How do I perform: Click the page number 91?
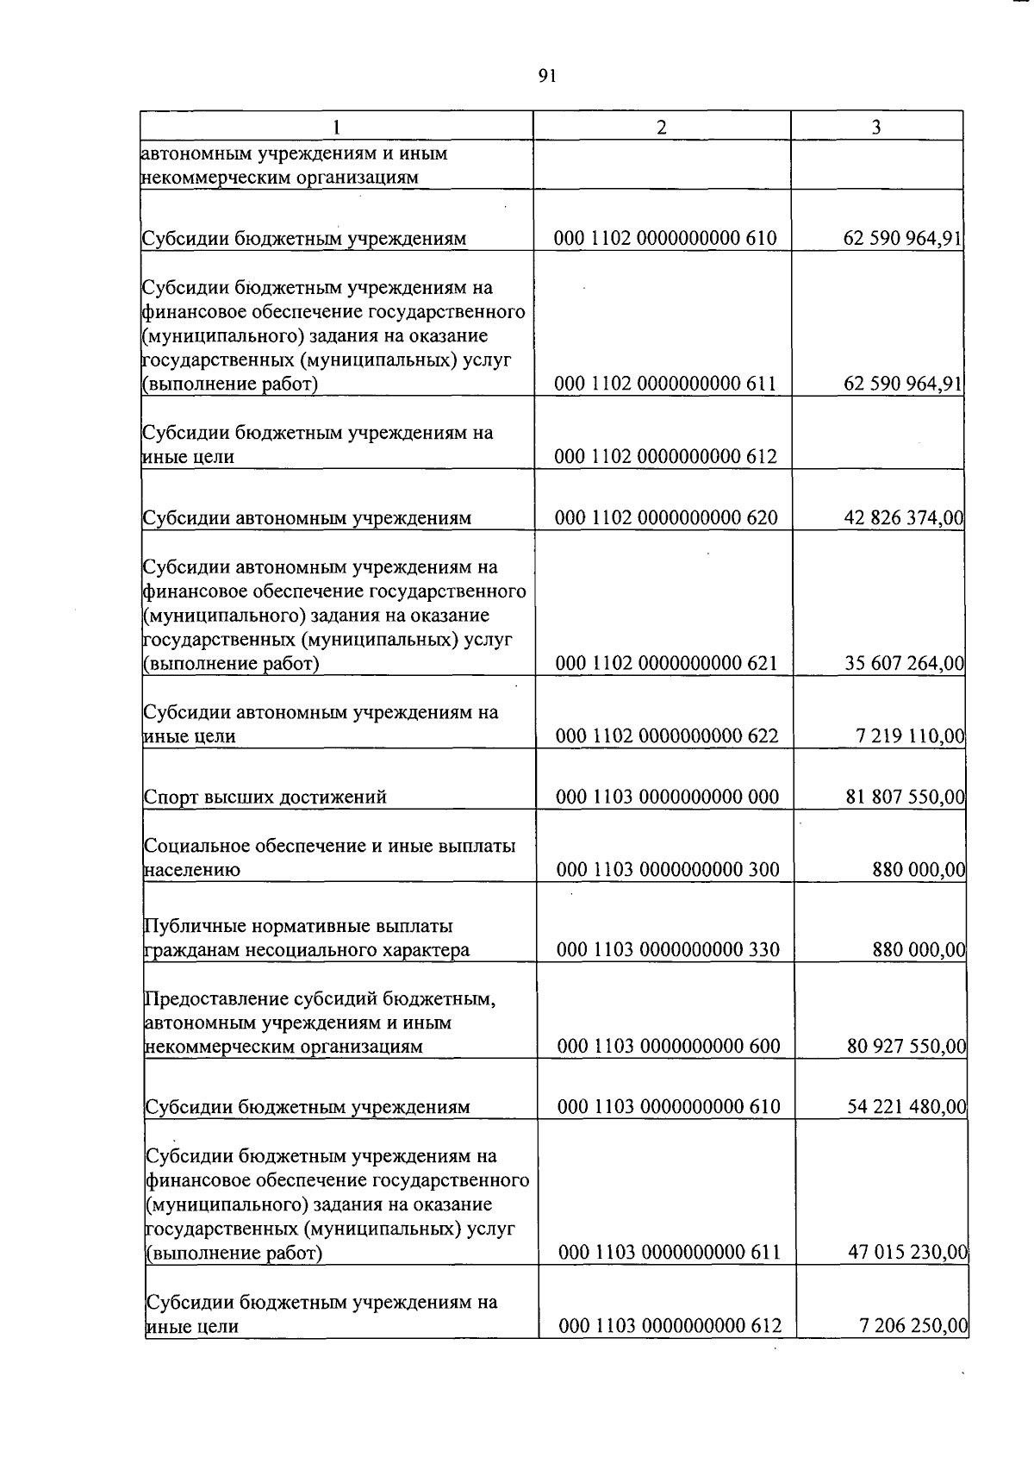click(547, 76)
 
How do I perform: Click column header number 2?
click(661, 127)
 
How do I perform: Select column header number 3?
click(875, 127)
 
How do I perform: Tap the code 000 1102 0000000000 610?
click(665, 238)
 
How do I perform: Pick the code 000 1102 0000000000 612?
click(665, 456)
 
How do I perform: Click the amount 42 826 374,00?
click(904, 517)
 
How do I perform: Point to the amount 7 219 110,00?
click(910, 735)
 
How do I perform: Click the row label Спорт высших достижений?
click(265, 797)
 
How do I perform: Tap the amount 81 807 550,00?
click(906, 797)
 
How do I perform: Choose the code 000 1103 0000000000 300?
click(668, 869)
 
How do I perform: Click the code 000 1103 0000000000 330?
click(668, 949)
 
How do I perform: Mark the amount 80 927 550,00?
click(906, 1046)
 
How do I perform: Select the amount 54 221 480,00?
click(906, 1106)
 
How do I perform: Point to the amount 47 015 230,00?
click(907, 1252)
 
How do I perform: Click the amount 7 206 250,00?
click(913, 1325)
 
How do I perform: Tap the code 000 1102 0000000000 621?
click(666, 663)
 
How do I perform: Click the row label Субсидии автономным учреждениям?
click(307, 518)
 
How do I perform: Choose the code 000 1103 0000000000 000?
click(667, 797)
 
